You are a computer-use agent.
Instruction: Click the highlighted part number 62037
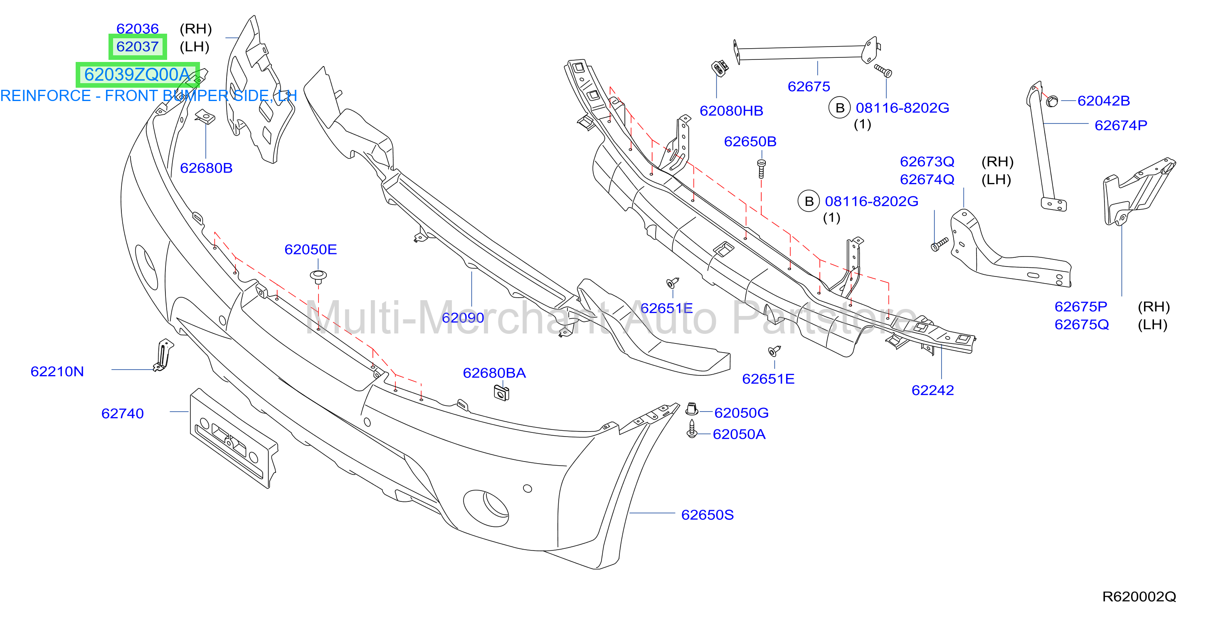137,47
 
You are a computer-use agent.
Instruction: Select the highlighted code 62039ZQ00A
137,74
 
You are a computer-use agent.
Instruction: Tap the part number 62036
137,29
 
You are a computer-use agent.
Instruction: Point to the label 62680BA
494,373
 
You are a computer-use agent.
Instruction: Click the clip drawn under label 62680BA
501,393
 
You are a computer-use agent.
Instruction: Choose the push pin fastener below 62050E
318,276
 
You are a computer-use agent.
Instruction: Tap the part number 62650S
708,515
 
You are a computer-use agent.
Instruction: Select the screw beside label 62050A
692,429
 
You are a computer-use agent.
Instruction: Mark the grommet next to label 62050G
692,408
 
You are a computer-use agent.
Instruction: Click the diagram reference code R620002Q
1139,597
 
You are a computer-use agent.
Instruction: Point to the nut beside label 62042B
1052,101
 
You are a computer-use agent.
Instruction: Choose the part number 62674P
1120,126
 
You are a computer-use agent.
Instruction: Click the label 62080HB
731,111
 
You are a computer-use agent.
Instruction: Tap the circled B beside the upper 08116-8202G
839,108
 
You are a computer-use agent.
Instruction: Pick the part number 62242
932,390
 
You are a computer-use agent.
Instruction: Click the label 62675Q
1082,324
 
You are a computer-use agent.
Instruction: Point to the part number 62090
463,317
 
